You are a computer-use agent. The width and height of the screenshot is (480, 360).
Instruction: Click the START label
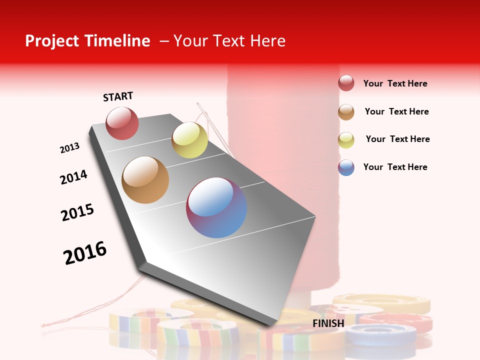click(x=118, y=96)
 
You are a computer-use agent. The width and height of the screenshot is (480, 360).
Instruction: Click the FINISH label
click(x=328, y=323)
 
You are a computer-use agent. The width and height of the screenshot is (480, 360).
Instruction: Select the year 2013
click(x=70, y=148)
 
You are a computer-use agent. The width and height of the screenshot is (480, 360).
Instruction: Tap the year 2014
click(x=74, y=177)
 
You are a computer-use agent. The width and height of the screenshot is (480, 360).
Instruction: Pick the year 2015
click(x=77, y=212)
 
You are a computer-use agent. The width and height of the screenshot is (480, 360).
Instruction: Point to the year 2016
click(x=85, y=252)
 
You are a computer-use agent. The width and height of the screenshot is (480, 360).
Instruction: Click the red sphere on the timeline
click(x=122, y=123)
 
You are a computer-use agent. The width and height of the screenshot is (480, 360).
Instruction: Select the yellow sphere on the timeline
click(x=189, y=140)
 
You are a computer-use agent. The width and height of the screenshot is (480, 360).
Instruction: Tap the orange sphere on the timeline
click(x=145, y=180)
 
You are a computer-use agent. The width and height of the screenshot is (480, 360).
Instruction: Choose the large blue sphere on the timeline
click(x=216, y=207)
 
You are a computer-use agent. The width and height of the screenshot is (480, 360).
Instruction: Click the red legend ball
click(x=346, y=83)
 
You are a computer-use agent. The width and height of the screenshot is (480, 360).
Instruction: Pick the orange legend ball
click(x=346, y=111)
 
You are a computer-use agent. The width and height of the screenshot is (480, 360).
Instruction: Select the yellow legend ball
click(x=346, y=139)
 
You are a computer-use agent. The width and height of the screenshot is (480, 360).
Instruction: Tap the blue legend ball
click(x=346, y=167)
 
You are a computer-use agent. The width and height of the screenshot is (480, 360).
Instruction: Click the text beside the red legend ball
click(x=395, y=83)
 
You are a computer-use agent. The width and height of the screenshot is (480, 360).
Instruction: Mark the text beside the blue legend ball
click(x=395, y=167)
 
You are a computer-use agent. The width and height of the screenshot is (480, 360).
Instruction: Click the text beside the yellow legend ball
click(x=397, y=139)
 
